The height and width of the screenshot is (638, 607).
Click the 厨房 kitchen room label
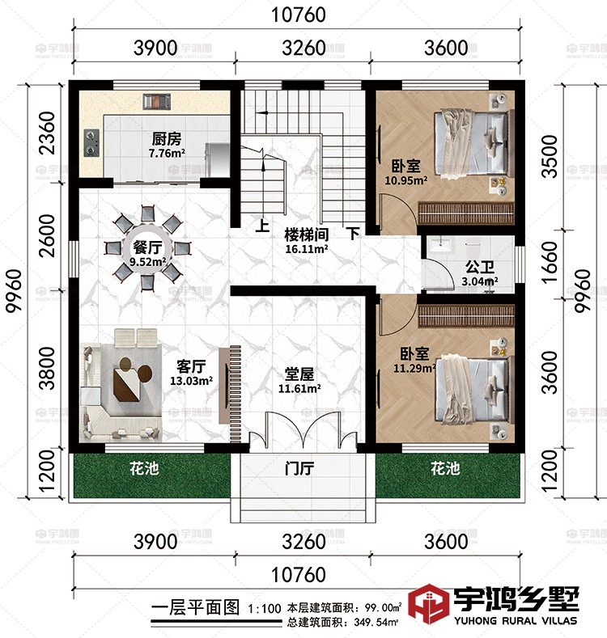[165, 137]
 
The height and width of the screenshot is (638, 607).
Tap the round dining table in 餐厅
[146, 248]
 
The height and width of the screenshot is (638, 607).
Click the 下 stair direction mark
[353, 234]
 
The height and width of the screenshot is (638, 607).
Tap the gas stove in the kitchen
[89, 142]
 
